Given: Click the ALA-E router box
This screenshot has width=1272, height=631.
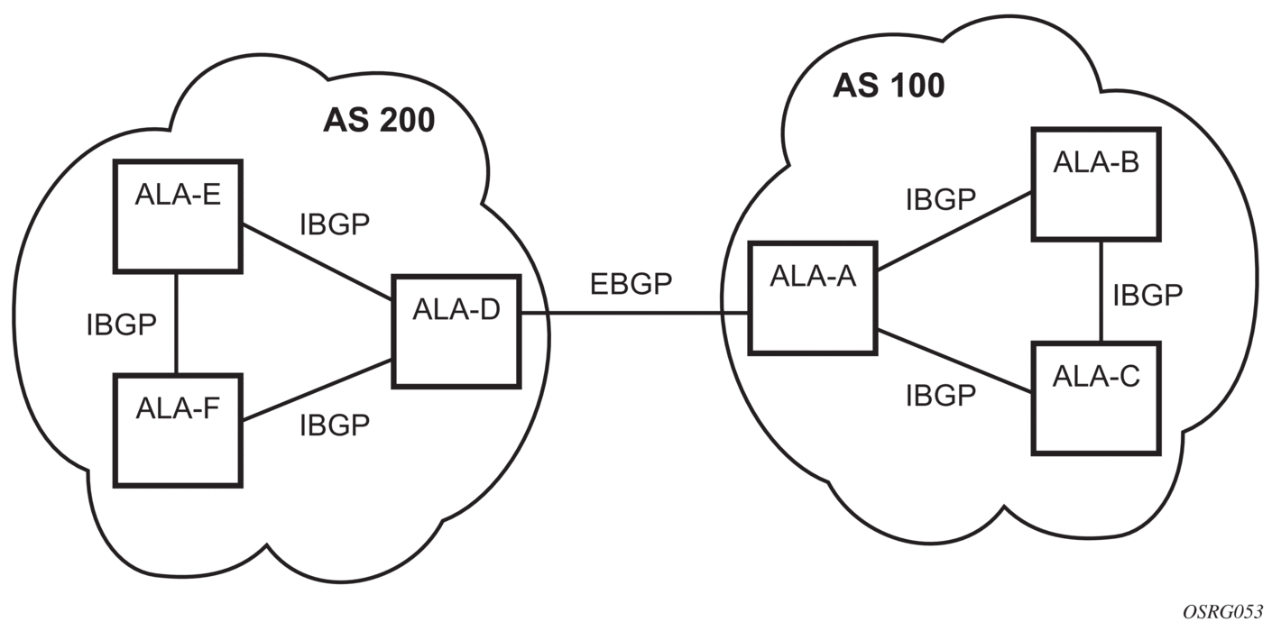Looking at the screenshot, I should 178,215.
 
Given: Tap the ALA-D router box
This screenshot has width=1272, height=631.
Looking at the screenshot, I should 456,331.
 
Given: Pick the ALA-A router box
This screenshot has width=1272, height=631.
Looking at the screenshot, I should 813,297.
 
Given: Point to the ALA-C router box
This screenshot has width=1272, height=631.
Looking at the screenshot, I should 1096,397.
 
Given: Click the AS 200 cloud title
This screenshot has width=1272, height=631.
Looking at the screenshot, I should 379,121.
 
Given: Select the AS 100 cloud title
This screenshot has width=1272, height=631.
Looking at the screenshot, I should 889,85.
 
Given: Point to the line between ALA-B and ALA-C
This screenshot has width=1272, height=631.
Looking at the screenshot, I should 1101,294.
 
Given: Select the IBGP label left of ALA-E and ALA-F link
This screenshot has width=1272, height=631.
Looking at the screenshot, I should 122,324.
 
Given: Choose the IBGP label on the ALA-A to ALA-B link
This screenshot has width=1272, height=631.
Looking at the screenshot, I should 941,200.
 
